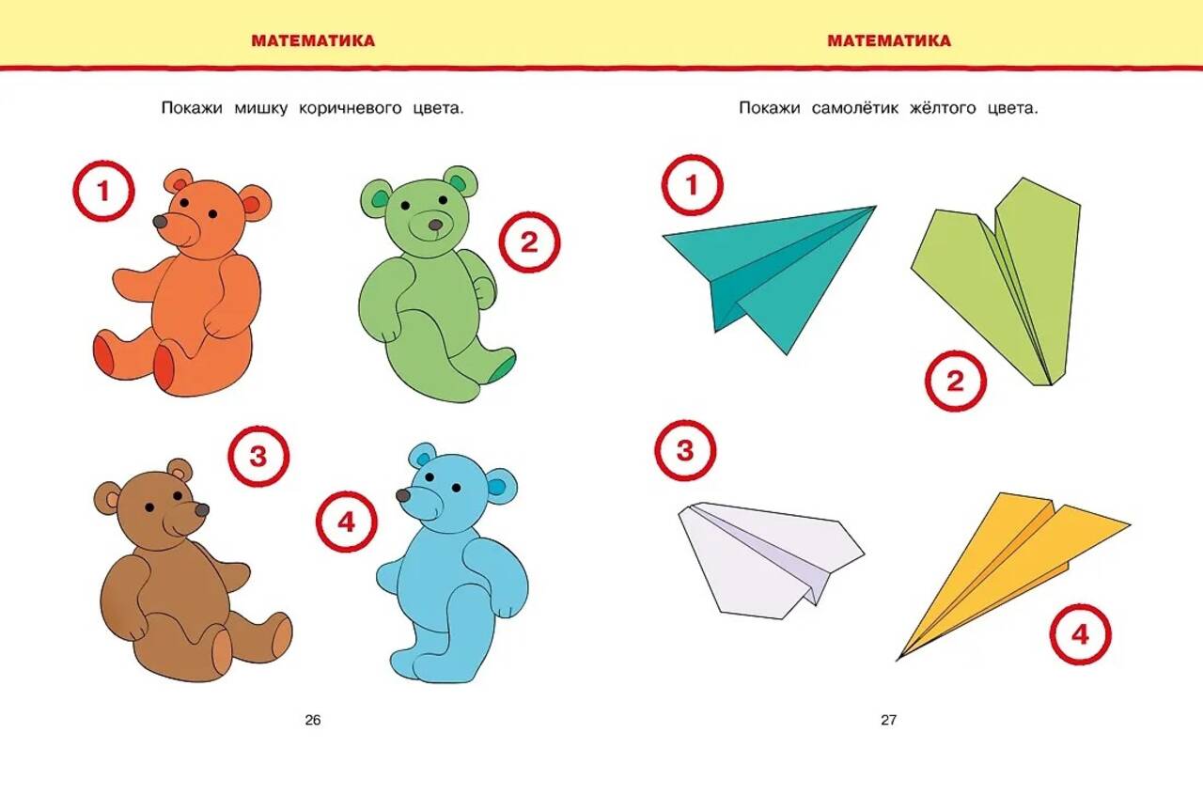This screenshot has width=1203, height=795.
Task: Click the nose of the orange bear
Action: [160, 222]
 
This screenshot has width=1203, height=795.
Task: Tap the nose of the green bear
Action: [435, 225]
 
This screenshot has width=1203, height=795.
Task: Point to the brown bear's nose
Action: [202, 509]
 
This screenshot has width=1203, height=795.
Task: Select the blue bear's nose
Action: [403, 495]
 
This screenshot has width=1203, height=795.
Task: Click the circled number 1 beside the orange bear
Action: [103, 191]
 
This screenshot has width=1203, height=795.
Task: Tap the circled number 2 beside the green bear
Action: [529, 242]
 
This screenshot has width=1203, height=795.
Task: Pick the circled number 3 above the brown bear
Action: [258, 457]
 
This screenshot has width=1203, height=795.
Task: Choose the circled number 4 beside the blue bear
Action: [347, 521]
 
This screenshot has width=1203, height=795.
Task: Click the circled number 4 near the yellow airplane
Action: [1080, 635]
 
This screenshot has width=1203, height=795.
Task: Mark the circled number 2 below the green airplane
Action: [956, 382]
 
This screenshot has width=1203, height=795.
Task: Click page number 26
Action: [313, 721]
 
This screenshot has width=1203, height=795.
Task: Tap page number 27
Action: [889, 721]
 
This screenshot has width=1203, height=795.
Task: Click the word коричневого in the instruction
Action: [351, 108]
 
